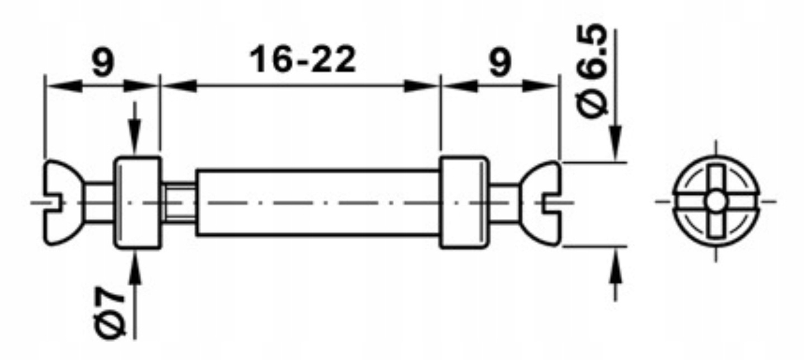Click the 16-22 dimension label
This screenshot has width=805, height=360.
coord(303,60)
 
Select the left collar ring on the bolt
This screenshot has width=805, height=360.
coord(138,202)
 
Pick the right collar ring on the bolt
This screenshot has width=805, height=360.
coord(463,202)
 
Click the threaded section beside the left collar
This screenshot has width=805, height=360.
coord(178,202)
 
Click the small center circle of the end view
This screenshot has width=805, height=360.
coord(716,201)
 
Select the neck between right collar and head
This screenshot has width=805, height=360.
coord(504,202)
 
